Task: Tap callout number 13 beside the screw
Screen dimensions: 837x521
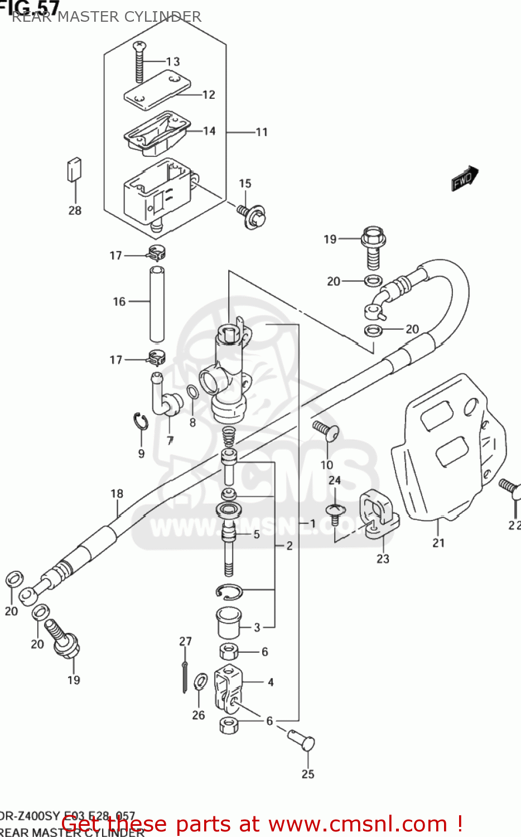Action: (x=173, y=61)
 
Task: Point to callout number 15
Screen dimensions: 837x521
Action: (x=245, y=184)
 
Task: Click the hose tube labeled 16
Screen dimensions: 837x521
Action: (x=157, y=304)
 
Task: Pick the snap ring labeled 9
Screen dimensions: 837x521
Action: (x=141, y=422)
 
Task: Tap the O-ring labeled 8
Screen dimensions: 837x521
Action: (x=192, y=393)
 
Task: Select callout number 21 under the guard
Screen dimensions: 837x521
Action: (x=438, y=542)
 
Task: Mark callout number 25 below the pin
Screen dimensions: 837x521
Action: (x=308, y=774)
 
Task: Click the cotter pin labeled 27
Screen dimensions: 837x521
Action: (x=185, y=676)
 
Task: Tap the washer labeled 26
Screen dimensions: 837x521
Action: (x=200, y=682)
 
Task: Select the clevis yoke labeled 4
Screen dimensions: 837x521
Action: (x=228, y=686)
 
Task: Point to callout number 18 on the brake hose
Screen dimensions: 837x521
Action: (x=117, y=493)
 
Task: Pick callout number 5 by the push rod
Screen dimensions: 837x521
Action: (x=256, y=534)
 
